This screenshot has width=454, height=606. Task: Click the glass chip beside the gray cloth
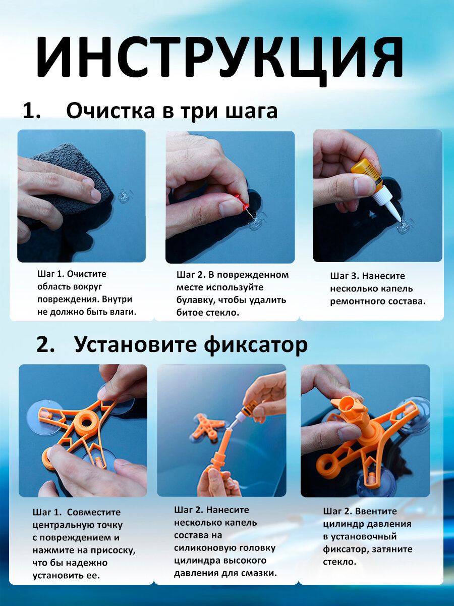[123, 196]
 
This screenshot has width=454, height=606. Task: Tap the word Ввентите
[376, 512]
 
